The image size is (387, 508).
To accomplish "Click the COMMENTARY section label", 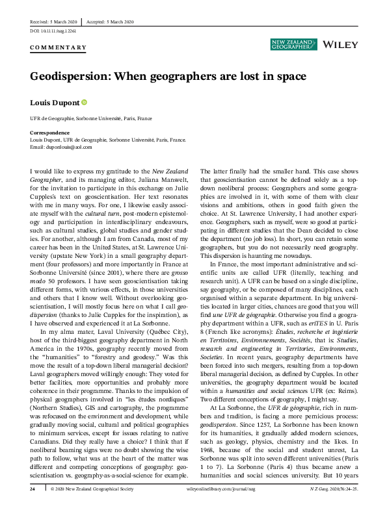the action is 58,47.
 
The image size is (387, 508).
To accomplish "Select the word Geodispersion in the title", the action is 70,75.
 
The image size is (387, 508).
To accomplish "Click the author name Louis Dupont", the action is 55,103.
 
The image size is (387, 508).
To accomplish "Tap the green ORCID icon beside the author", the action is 84,103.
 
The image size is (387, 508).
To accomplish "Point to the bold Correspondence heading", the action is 49,133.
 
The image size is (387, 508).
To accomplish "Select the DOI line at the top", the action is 53,31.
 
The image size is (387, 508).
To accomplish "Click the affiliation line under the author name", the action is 91,120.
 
